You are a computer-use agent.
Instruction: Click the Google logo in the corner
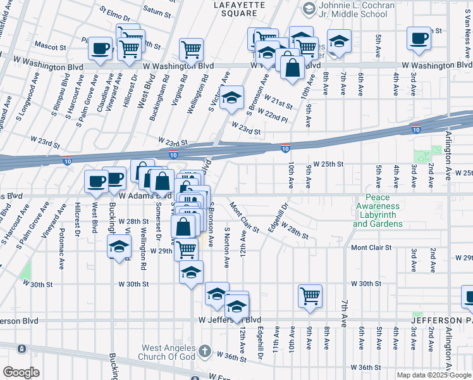tap(21, 372)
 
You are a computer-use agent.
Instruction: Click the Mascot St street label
tap(51, 47)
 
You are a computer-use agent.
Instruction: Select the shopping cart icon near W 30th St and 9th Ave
tap(310, 295)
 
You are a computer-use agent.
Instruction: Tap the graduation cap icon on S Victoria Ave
tap(232, 98)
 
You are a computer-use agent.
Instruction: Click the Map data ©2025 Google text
tap(434, 375)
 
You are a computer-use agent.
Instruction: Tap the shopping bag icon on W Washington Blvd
tap(292, 66)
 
